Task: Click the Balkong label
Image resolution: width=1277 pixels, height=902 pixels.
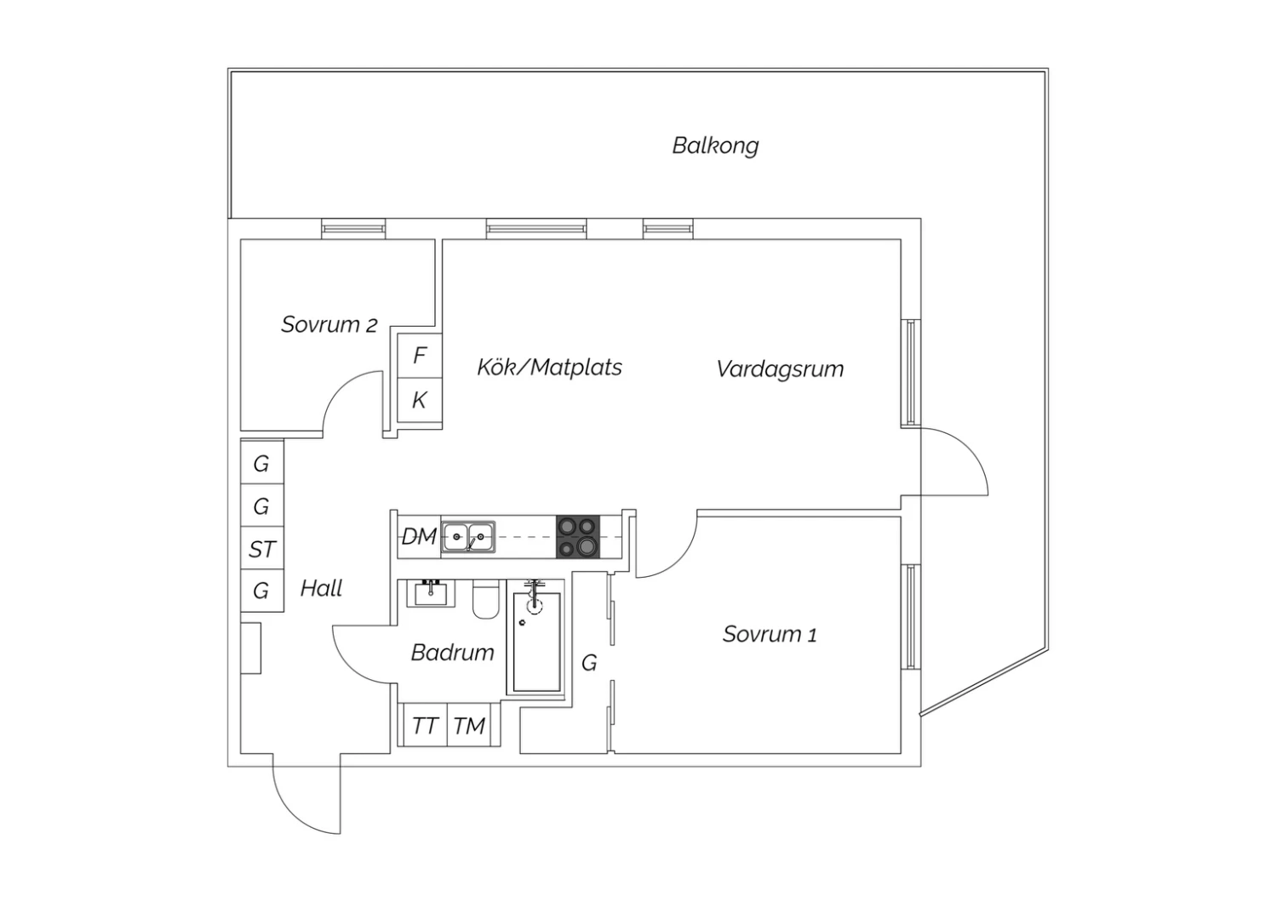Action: [x=715, y=146]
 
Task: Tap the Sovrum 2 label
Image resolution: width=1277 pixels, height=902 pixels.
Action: [x=329, y=325]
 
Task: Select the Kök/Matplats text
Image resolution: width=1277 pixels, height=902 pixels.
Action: [x=549, y=368]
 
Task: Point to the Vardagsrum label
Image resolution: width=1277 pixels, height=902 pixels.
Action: [x=779, y=369]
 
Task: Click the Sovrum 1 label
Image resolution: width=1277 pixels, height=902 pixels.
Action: [x=770, y=634]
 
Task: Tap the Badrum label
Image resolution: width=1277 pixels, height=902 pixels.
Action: [x=452, y=653]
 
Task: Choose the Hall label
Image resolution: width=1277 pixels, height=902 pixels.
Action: [x=321, y=589]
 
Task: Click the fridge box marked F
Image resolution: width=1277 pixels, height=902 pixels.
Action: [x=420, y=356]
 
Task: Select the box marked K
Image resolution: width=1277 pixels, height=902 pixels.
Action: [x=420, y=400]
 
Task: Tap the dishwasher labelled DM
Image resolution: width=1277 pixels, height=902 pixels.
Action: [x=419, y=537]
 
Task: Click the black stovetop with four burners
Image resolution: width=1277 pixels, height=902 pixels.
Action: [x=578, y=537]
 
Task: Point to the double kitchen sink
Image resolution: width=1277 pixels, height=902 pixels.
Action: [x=468, y=537]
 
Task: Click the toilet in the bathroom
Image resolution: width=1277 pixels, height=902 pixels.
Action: [x=486, y=599]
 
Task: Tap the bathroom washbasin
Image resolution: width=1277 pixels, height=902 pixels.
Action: [x=431, y=594]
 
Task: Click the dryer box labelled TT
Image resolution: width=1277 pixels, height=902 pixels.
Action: [x=425, y=725]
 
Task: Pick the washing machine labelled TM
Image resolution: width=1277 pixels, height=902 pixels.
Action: [x=468, y=725]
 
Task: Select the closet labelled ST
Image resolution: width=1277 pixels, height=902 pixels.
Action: [x=262, y=548]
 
